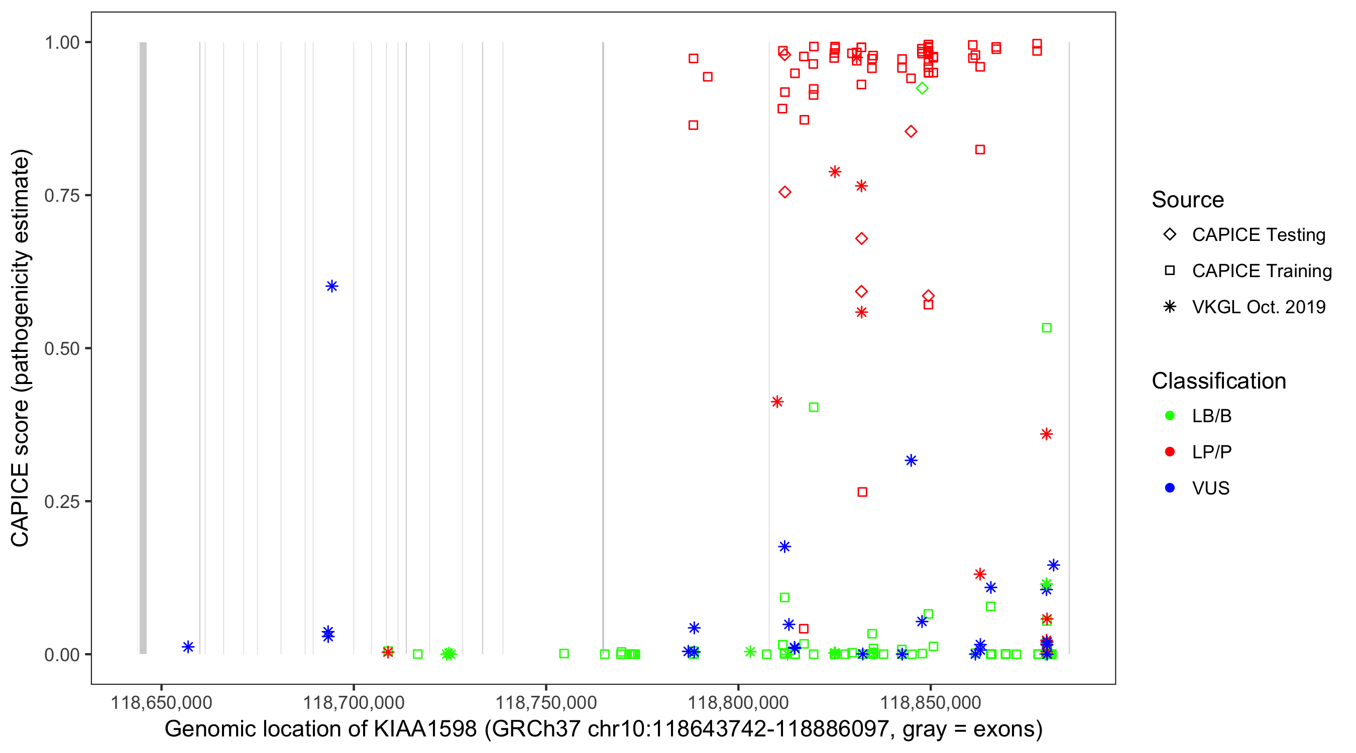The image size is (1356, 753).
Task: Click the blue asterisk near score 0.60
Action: (331, 286)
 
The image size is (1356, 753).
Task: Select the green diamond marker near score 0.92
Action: (922, 88)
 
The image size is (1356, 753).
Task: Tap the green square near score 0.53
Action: (1047, 328)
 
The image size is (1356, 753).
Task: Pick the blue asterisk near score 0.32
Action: (911, 460)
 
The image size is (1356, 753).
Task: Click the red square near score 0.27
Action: (862, 492)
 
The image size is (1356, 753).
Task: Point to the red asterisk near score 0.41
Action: (777, 402)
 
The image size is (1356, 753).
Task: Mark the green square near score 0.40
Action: (813, 407)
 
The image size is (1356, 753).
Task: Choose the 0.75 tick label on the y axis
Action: (62, 196)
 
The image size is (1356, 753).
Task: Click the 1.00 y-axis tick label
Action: (62, 43)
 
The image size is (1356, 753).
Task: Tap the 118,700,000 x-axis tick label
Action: (354, 702)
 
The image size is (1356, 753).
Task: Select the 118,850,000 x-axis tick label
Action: (930, 702)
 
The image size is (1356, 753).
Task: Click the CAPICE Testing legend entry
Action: (1258, 235)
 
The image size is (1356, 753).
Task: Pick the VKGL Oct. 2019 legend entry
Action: (1258, 307)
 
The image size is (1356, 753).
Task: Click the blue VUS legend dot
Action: (1170, 488)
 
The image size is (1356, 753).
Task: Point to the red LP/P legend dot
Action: (1170, 451)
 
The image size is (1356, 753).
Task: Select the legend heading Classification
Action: (1218, 381)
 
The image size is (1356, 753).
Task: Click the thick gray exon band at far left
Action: (143, 347)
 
